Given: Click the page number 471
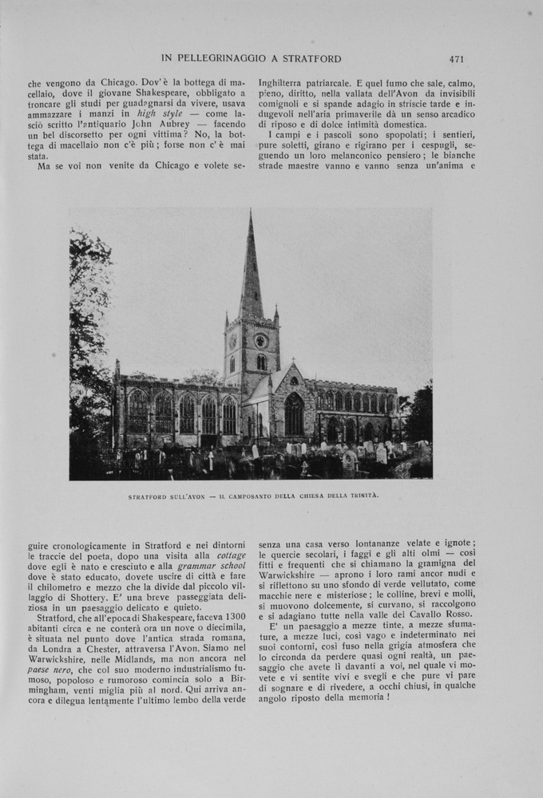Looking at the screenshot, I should click(457, 58).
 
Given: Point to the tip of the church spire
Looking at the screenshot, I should click(251, 211).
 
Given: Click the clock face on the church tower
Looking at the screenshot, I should click(260, 341).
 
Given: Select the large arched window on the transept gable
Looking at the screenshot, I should click(294, 414).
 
